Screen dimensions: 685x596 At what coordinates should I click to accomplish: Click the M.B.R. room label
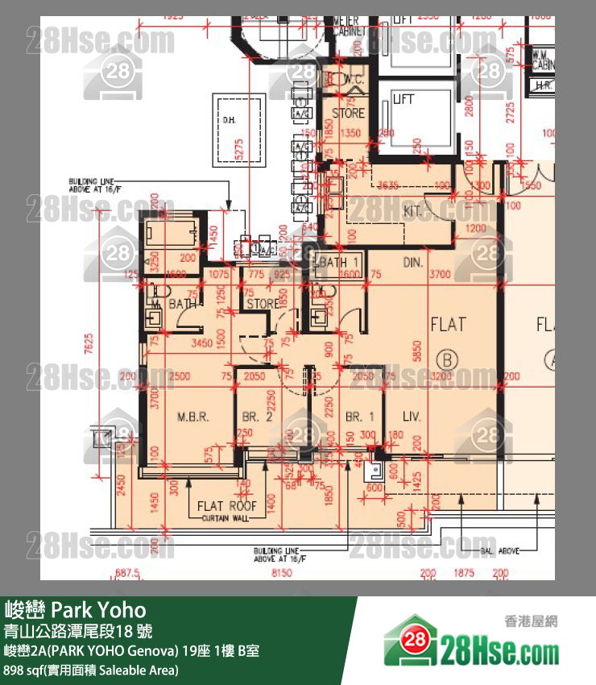[x=192, y=417]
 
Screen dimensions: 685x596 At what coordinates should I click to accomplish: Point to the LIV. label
[x=412, y=417]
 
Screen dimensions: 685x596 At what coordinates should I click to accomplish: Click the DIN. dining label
[x=413, y=263]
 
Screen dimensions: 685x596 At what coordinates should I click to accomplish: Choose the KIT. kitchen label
[x=412, y=210]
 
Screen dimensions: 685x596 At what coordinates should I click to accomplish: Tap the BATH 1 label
[x=339, y=263]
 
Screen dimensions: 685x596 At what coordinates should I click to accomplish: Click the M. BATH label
[x=176, y=304]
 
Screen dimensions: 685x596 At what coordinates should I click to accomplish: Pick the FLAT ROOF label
[x=227, y=506]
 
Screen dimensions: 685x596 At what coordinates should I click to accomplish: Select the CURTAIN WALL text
[x=227, y=517]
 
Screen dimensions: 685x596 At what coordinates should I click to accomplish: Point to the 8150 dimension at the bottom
[x=281, y=573]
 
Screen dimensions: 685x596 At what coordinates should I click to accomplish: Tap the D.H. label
[x=229, y=120]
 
